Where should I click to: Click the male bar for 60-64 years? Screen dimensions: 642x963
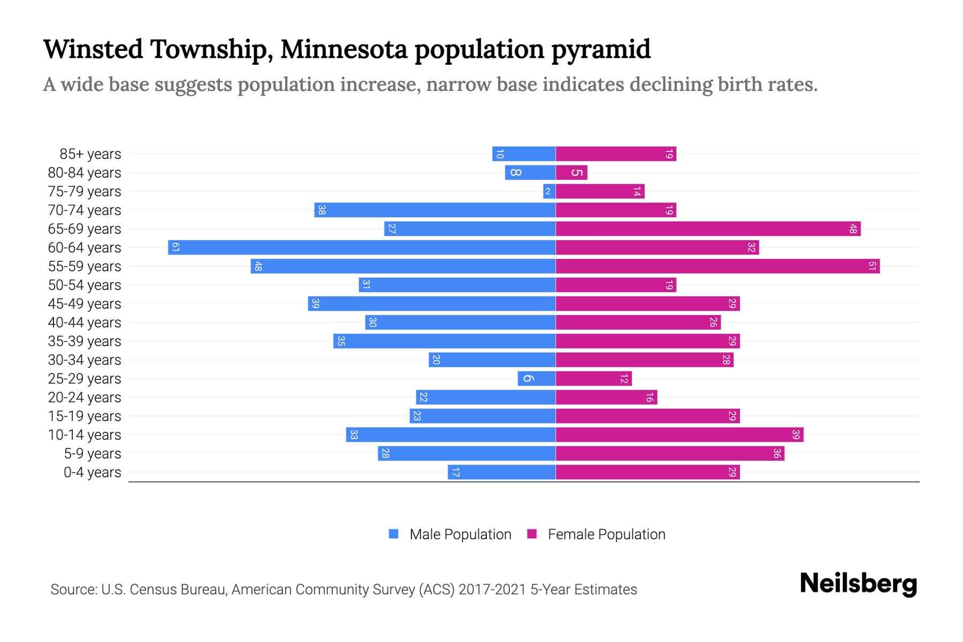pos(362,247)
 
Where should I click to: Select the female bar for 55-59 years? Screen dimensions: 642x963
pos(717,266)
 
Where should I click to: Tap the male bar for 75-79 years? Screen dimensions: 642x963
pos(549,191)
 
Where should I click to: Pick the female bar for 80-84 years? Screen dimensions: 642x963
pos(571,172)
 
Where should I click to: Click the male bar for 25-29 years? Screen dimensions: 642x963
pos(537,378)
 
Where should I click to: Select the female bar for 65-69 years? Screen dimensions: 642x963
pos(708,228)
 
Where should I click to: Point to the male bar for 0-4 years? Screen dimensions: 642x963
pos(502,472)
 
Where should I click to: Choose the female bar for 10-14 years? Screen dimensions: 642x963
pos(679,434)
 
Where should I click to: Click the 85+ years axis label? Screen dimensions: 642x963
pos(90,154)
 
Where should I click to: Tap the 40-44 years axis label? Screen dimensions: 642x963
pos(85,323)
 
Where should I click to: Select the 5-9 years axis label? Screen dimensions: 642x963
pos(92,454)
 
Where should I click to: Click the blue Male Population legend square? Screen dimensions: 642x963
pos(394,534)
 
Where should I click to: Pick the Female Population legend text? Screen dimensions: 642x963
pos(606,534)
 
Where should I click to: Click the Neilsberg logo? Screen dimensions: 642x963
pos(858,584)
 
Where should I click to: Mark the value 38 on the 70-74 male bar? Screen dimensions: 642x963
pos(322,210)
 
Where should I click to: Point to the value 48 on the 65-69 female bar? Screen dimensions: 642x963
pos(853,229)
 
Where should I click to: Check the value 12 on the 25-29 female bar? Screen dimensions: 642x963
pos(624,379)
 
